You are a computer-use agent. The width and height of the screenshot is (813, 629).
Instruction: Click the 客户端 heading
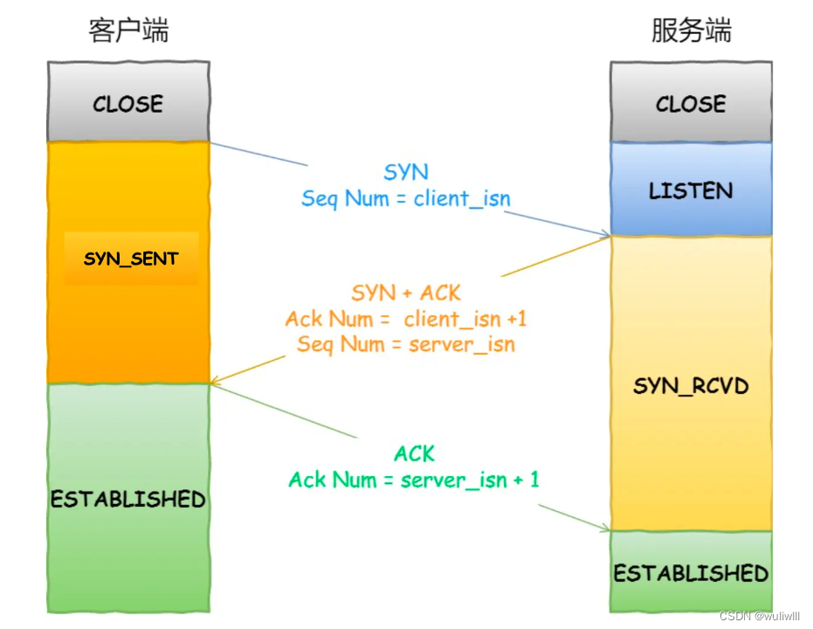point(128,31)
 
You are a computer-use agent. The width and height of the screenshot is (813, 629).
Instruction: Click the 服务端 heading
point(691,31)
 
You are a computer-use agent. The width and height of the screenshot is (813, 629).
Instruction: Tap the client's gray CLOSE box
point(128,103)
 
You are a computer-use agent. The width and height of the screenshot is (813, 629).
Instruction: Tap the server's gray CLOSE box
point(691,103)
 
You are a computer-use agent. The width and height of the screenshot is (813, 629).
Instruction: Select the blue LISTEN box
point(691,190)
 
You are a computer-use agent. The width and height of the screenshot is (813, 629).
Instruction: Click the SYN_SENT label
point(131,259)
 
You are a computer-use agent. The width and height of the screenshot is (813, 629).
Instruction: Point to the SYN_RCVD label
point(691,385)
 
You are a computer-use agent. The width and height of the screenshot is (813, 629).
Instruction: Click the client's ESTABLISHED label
point(128,499)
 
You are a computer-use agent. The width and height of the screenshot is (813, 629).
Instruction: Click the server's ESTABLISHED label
point(691,573)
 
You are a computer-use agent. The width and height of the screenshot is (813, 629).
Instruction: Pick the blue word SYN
point(406,172)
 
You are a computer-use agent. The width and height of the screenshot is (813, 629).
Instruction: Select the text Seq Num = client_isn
point(406,198)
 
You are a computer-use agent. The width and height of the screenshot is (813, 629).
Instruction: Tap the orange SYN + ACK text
point(406,293)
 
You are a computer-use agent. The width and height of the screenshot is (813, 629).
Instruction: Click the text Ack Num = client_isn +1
point(406,319)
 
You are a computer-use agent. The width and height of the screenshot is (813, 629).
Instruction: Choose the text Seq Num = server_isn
point(406,344)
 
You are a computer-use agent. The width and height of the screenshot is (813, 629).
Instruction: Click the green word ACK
point(414,453)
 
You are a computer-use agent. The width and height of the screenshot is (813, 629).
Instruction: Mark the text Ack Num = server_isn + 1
point(414,480)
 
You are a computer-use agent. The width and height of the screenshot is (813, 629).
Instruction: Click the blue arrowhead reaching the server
point(603,234)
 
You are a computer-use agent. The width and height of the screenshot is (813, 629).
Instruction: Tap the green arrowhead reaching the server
point(603,529)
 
